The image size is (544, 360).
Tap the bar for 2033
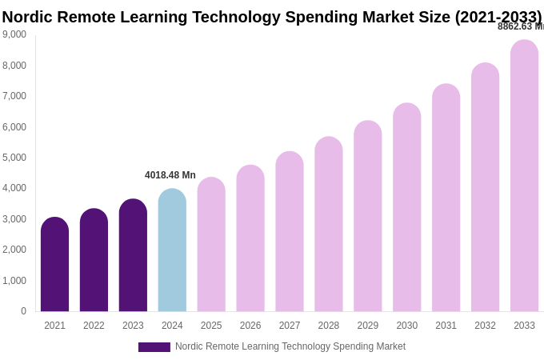tap(524, 176)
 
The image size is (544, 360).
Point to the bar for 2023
tap(133, 255)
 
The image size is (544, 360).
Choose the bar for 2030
tap(406, 207)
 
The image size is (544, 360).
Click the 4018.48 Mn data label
tap(170, 175)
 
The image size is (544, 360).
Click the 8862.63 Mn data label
tap(520, 26)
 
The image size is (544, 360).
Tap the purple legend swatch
tap(154, 347)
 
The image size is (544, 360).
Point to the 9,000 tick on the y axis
tap(14, 34)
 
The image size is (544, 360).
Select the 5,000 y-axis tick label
tap(14, 158)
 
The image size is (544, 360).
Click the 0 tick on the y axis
tap(23, 311)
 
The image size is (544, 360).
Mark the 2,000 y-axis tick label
tap(14, 250)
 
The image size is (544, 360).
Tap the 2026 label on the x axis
tap(250, 326)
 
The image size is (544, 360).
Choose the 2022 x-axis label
tap(94, 326)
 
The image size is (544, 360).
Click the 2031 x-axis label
tap(446, 326)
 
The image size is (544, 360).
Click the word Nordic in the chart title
tap(27, 17)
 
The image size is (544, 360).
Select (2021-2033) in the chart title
tap(498, 17)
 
